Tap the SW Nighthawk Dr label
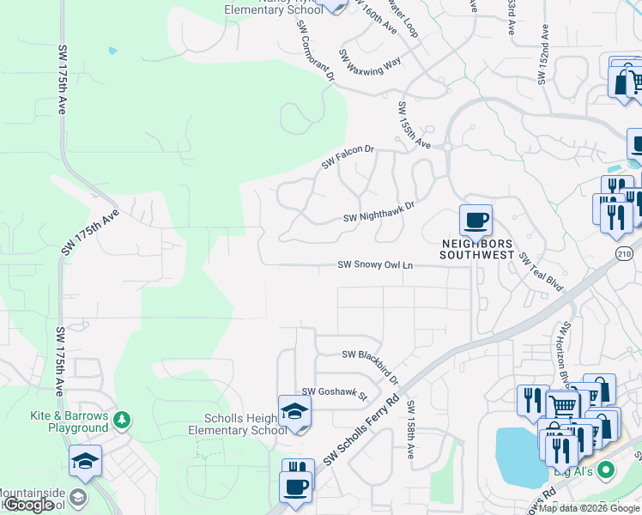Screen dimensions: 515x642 [379, 212]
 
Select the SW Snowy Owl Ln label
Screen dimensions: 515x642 [375, 265]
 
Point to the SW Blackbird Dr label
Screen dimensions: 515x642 [371, 363]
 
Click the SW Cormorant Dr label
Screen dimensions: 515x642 [315, 49]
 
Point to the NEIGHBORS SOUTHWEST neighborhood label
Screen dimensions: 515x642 [476, 249]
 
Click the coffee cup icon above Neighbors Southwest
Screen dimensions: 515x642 [475, 221]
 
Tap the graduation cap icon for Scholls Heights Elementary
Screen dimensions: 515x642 [294, 411]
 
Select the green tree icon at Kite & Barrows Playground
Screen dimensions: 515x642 [123, 420]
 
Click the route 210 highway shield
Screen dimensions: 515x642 [626, 252]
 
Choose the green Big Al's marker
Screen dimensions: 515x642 [607, 470]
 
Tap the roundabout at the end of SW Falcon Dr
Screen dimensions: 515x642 [447, 147]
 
